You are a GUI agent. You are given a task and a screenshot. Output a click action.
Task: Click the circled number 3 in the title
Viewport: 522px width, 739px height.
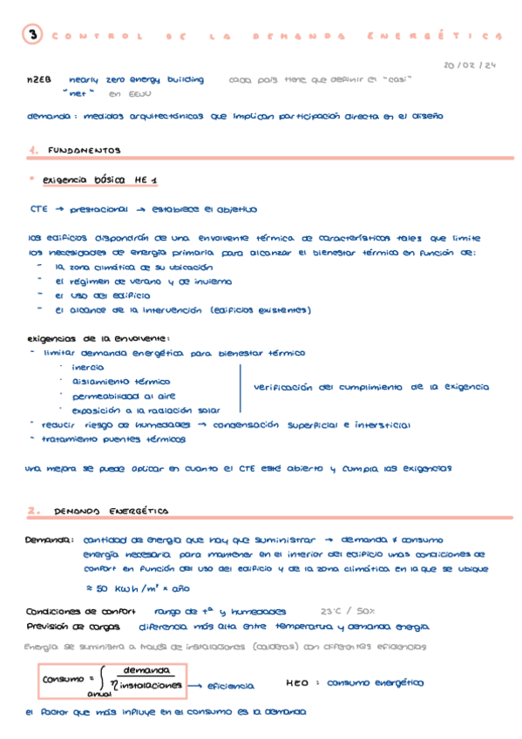pyautogui.click(x=33, y=36)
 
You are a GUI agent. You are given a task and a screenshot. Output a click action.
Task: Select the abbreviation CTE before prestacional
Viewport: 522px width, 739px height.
pyautogui.click(x=38, y=209)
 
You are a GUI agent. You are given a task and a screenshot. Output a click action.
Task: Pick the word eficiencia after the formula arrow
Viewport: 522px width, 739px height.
pyautogui.click(x=230, y=686)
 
